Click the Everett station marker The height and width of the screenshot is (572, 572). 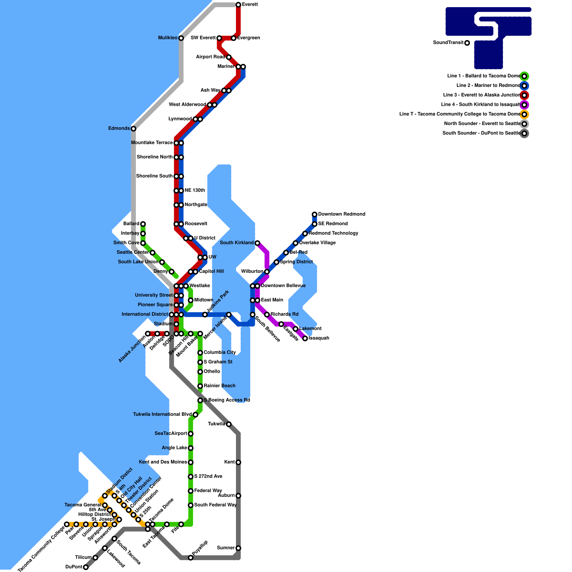point(238,5)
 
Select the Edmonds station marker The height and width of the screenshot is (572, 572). point(133,129)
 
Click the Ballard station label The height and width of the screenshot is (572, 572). point(131,224)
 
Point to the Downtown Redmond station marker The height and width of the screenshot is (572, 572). point(315,214)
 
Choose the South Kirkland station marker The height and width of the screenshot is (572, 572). point(257,243)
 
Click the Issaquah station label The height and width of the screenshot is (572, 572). point(319,338)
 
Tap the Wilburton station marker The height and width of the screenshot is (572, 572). point(267,272)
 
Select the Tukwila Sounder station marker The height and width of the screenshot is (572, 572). point(229,424)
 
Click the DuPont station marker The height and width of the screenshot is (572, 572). point(86,567)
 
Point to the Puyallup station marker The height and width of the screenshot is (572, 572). point(191,558)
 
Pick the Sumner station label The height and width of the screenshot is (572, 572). point(226,548)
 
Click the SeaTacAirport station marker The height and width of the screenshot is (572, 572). point(191,434)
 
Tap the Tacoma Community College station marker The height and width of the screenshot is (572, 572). point(66,524)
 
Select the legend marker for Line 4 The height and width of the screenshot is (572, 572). point(524,105)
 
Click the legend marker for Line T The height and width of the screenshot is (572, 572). point(524,114)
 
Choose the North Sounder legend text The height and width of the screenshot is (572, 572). point(482,124)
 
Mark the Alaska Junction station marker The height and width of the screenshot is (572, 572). point(148,334)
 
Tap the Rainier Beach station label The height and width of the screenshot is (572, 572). point(220,386)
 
